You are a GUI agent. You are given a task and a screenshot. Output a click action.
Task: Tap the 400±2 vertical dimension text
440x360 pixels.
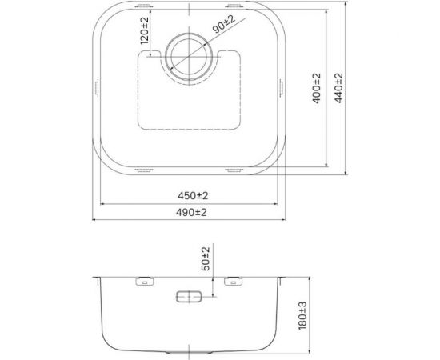317,90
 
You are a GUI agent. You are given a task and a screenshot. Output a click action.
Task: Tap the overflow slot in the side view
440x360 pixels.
190,297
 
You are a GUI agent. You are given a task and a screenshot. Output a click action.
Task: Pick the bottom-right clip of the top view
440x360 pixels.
234,170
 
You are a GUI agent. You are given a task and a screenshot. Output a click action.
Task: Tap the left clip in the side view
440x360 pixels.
145,282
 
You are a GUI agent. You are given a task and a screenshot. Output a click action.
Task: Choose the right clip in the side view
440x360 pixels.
234,282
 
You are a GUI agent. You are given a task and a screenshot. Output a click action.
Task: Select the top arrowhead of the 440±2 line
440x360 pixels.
346,12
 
